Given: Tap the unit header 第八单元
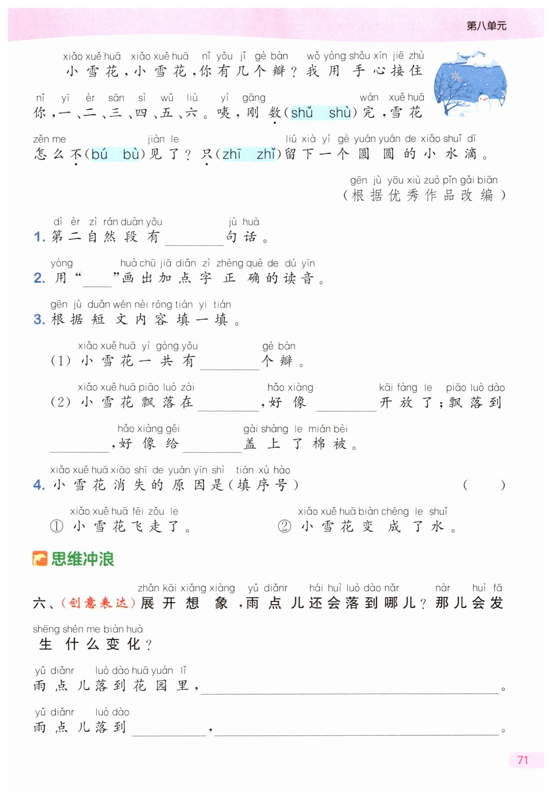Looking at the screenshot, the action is [486, 26].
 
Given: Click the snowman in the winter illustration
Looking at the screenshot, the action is [484, 102].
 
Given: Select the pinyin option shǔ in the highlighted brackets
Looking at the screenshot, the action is [302, 113].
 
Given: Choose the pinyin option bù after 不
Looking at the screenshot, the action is [131, 154].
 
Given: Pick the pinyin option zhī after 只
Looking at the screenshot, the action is [231, 154].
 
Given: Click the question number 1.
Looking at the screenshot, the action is [39, 237].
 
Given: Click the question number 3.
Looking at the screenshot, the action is [39, 320].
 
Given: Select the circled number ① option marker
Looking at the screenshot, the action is [56, 526].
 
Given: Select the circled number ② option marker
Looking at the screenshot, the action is [285, 526].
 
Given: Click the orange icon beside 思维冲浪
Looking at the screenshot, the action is [40, 559].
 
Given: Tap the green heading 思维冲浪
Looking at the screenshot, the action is [83, 559].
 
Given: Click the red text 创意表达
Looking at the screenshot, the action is [98, 603].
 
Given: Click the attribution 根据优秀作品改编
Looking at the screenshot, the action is [424, 196].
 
